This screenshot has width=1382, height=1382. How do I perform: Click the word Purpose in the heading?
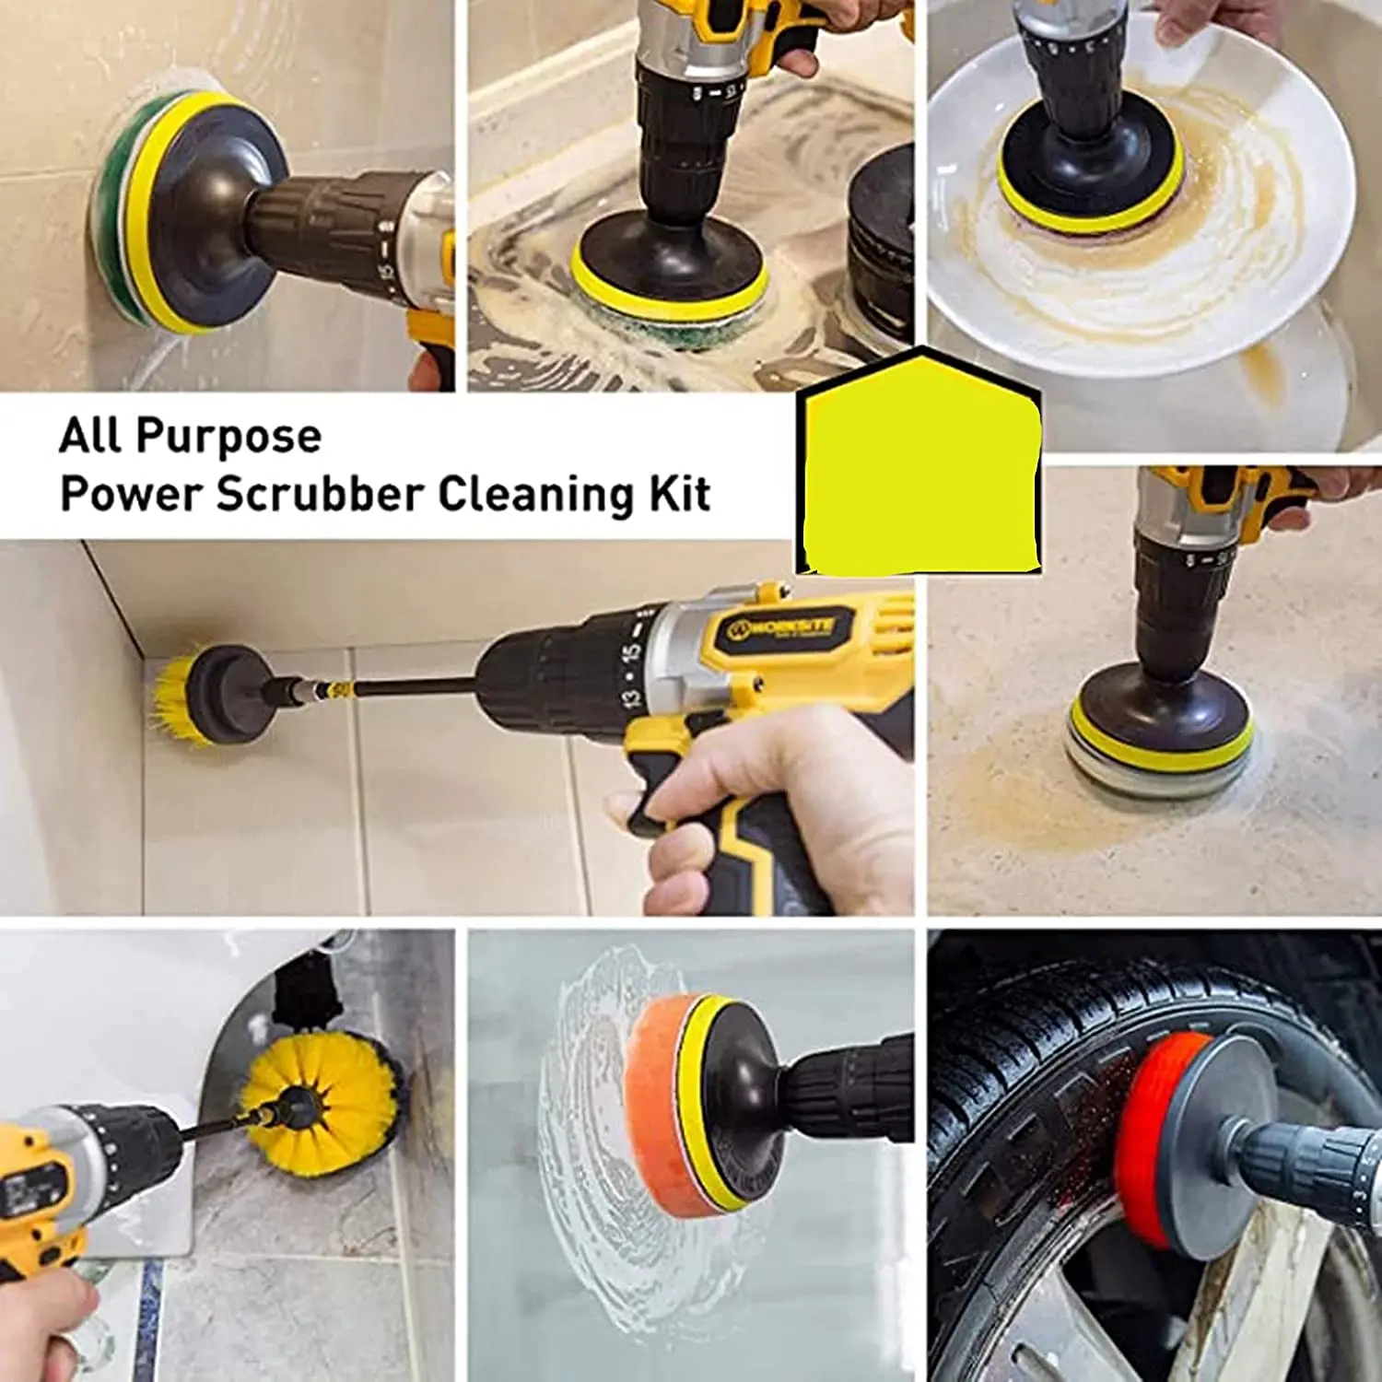click(x=229, y=437)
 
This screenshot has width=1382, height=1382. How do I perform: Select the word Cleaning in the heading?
click(x=536, y=495)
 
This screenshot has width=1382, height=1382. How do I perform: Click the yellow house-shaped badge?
click(x=920, y=465)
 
